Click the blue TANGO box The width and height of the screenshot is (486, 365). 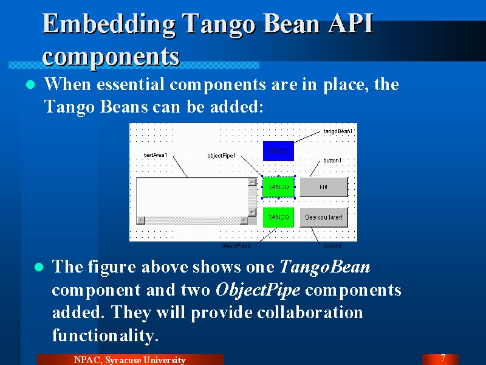tap(278, 151)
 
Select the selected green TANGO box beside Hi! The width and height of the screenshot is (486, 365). tap(278, 187)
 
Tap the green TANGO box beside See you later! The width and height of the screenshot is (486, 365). tap(278, 217)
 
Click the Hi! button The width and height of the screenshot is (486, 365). tap(324, 187)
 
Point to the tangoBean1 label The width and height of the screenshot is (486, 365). tap(338, 131)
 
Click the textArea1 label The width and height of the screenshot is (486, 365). tap(156, 155)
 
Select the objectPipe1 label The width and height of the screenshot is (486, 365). tap(222, 156)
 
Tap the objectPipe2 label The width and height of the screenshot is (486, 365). tap(236, 246)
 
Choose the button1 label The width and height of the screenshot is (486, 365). tap(332, 161)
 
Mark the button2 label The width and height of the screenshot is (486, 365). tap(332, 246)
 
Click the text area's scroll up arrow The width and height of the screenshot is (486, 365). tap(252, 182)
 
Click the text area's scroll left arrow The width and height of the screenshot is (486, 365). tap(141, 220)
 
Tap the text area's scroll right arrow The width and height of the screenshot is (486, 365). tap(244, 220)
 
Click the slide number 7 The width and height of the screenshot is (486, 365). tap(443, 358)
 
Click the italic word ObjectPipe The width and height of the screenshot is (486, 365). tap(258, 290)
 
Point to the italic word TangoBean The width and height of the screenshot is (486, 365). tap(325, 266)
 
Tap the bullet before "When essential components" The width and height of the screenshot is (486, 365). tap(30, 85)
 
